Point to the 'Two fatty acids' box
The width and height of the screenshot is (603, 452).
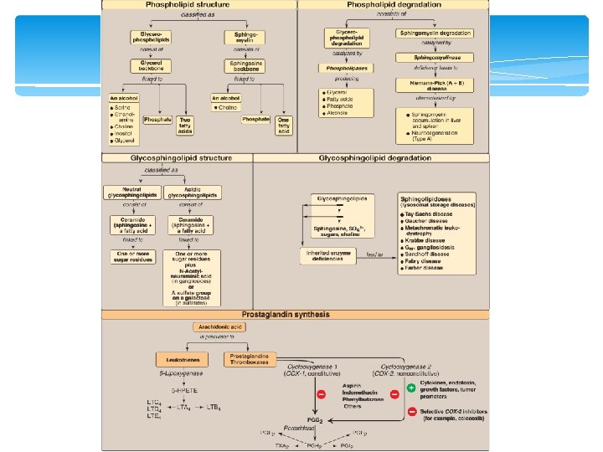(186, 125)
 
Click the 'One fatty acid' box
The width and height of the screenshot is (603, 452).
(282, 125)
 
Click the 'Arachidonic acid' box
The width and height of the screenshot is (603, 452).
(223, 328)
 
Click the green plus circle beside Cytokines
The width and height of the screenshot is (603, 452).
(412, 388)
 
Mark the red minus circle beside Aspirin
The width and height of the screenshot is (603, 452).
(332, 393)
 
